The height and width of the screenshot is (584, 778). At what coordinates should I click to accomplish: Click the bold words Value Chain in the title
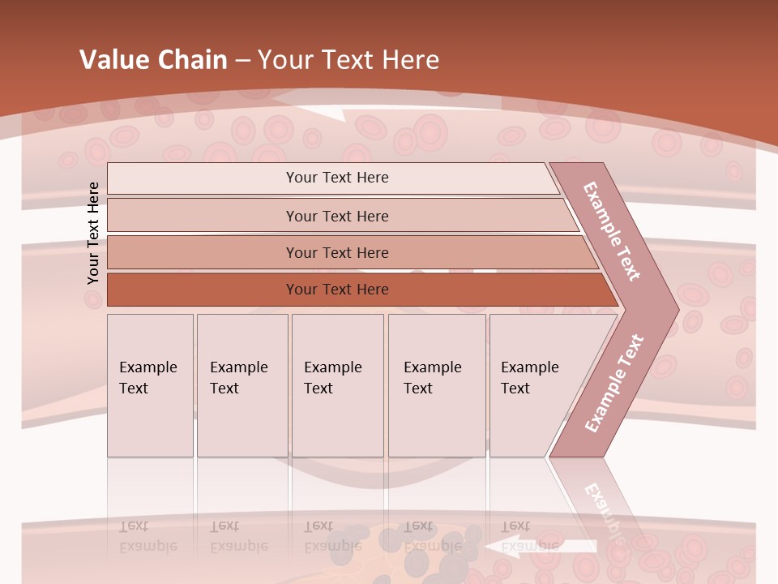click(153, 60)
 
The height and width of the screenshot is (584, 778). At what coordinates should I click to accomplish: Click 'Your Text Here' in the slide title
click(348, 60)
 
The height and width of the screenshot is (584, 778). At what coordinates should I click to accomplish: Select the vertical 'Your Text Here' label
click(93, 233)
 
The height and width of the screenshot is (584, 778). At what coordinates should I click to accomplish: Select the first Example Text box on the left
click(150, 385)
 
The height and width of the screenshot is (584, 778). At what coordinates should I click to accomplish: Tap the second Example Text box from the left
click(242, 385)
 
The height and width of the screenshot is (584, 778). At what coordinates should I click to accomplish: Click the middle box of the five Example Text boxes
click(337, 385)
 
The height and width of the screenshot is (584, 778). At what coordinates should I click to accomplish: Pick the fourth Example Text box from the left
click(437, 385)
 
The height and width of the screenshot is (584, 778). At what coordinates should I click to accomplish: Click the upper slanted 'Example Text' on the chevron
click(612, 231)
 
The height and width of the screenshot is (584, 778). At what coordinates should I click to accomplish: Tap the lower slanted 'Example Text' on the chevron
click(614, 383)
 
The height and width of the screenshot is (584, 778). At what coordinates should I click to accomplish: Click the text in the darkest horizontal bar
click(337, 290)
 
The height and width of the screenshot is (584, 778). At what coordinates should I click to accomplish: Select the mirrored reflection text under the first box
click(147, 536)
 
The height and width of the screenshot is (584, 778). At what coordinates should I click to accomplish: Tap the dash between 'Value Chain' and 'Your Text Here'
click(242, 60)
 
